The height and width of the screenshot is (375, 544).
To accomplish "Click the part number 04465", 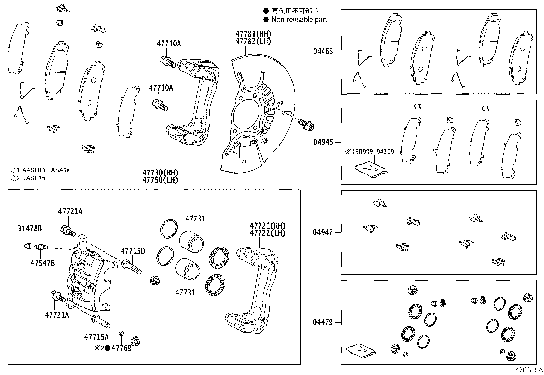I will [x=323, y=52].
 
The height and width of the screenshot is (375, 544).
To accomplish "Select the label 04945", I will [x=323, y=142].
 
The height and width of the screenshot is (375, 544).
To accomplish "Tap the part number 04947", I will [x=323, y=233].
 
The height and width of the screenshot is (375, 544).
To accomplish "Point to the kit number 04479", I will [x=323, y=322].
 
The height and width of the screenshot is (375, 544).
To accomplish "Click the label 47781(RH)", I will [x=253, y=34].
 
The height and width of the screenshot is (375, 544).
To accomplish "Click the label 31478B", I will [x=30, y=229].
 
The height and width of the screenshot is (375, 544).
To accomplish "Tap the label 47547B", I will [x=42, y=263].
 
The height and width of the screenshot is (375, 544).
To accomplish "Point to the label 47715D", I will [x=133, y=251].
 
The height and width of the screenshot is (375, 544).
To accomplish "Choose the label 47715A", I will [x=96, y=337].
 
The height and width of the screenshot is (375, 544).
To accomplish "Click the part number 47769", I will [x=121, y=348].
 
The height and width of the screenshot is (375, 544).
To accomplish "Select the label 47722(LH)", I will [x=267, y=233].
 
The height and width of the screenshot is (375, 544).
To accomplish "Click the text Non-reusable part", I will [x=299, y=20].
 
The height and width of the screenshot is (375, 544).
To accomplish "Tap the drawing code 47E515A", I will [x=529, y=370].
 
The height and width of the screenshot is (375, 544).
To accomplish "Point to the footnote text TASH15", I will [x=34, y=178].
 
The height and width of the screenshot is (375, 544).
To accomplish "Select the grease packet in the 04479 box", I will [x=361, y=351].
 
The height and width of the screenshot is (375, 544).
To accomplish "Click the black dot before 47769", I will [x=107, y=348].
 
